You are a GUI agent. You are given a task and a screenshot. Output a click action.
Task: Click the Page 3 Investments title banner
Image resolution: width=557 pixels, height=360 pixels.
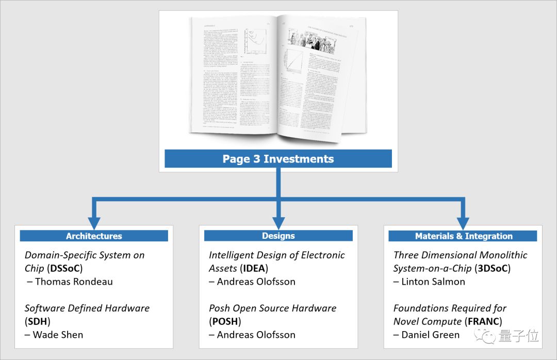278,159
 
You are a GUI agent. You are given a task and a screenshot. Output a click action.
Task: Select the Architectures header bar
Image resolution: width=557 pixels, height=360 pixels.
94,236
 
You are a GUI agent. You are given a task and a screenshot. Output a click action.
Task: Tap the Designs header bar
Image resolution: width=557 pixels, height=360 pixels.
278,236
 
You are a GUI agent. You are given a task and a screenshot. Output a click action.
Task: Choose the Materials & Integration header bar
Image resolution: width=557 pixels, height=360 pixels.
463,236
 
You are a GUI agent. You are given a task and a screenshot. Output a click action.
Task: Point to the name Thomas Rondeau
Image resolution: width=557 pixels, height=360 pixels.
73,282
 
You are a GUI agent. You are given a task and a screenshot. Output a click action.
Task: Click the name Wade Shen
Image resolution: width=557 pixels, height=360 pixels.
58,335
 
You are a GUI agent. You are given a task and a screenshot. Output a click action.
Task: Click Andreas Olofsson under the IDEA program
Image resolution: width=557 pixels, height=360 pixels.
256,282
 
